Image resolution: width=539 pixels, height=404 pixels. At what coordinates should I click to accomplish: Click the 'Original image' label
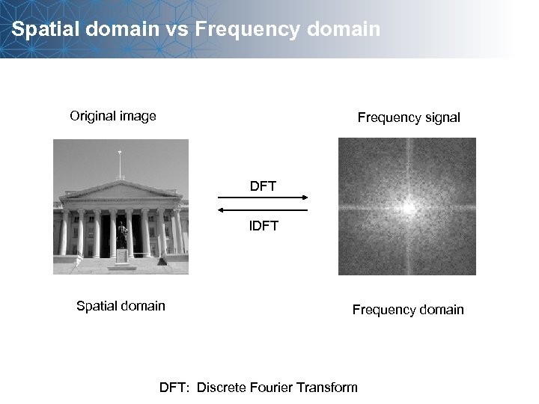coord(113,116)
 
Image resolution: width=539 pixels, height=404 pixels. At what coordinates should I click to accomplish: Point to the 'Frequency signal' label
coord(409,117)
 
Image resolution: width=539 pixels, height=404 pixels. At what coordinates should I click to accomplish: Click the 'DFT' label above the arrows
coord(263,186)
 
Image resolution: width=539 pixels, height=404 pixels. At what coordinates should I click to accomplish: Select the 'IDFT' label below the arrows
coord(263,226)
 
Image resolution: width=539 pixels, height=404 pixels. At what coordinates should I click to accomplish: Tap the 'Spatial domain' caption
coord(121,305)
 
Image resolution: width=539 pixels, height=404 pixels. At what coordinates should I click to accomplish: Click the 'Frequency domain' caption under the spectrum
coord(408,310)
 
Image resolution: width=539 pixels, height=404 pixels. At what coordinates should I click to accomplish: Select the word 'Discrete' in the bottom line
coord(222,388)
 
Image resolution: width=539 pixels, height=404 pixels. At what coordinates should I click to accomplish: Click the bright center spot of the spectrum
coord(409,208)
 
